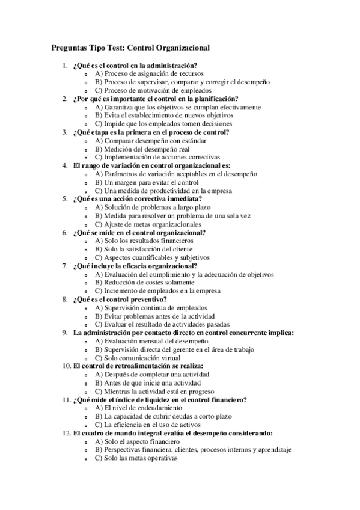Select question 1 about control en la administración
click(136, 65)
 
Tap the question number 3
click(65, 132)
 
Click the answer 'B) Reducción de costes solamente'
click(146, 282)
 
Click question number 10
click(66, 366)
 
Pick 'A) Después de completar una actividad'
click(152, 374)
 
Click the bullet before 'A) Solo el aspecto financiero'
click(87, 441)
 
